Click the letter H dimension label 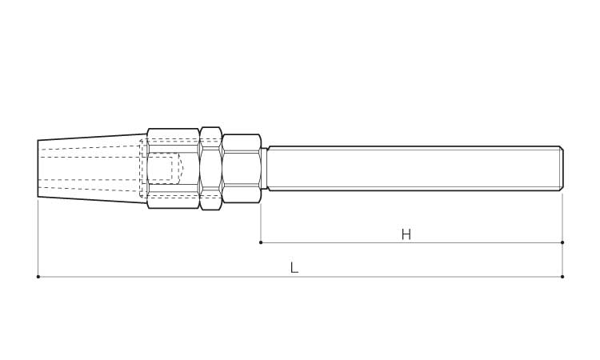pyautogui.click(x=406, y=234)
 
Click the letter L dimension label pyautogui.click(x=294, y=267)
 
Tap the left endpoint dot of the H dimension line pyautogui.click(x=261, y=242)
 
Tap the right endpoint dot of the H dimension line pyautogui.click(x=562, y=242)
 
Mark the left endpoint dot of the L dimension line pyautogui.click(x=38, y=277)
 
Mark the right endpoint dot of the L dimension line pyautogui.click(x=562, y=277)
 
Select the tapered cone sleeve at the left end pyautogui.click(x=92, y=168)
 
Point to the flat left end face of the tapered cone pyautogui.click(x=38, y=169)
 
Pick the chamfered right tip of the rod pyautogui.click(x=561, y=168)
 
